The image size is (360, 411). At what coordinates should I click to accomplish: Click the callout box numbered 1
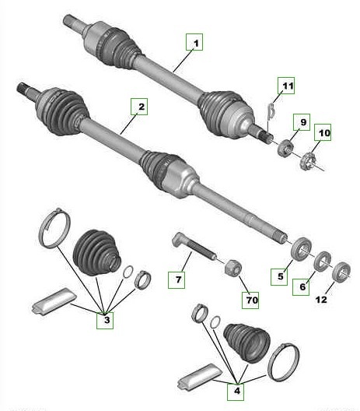[x=194, y=42]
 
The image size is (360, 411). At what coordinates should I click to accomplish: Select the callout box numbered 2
[x=139, y=107]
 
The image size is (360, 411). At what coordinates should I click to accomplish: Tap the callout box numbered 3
[x=105, y=320]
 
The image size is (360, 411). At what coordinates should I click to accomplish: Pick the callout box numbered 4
[x=236, y=392]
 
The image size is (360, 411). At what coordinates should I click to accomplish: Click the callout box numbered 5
[x=279, y=276]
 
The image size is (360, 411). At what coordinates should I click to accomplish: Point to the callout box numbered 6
[x=301, y=286]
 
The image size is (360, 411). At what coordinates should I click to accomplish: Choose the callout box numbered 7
[x=177, y=280]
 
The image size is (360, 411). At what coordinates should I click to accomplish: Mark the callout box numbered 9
[x=302, y=122]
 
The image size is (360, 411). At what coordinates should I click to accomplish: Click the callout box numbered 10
[x=323, y=132]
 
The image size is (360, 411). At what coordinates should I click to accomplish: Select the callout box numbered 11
[x=286, y=86]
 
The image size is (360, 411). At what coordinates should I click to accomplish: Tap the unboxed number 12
[x=321, y=300]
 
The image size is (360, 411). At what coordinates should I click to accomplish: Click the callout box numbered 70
[x=250, y=300]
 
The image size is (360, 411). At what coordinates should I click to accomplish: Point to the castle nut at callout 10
[x=307, y=161]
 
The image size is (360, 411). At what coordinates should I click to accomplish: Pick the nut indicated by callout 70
[x=233, y=268]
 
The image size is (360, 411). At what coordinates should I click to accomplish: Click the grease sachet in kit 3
[x=54, y=301]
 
